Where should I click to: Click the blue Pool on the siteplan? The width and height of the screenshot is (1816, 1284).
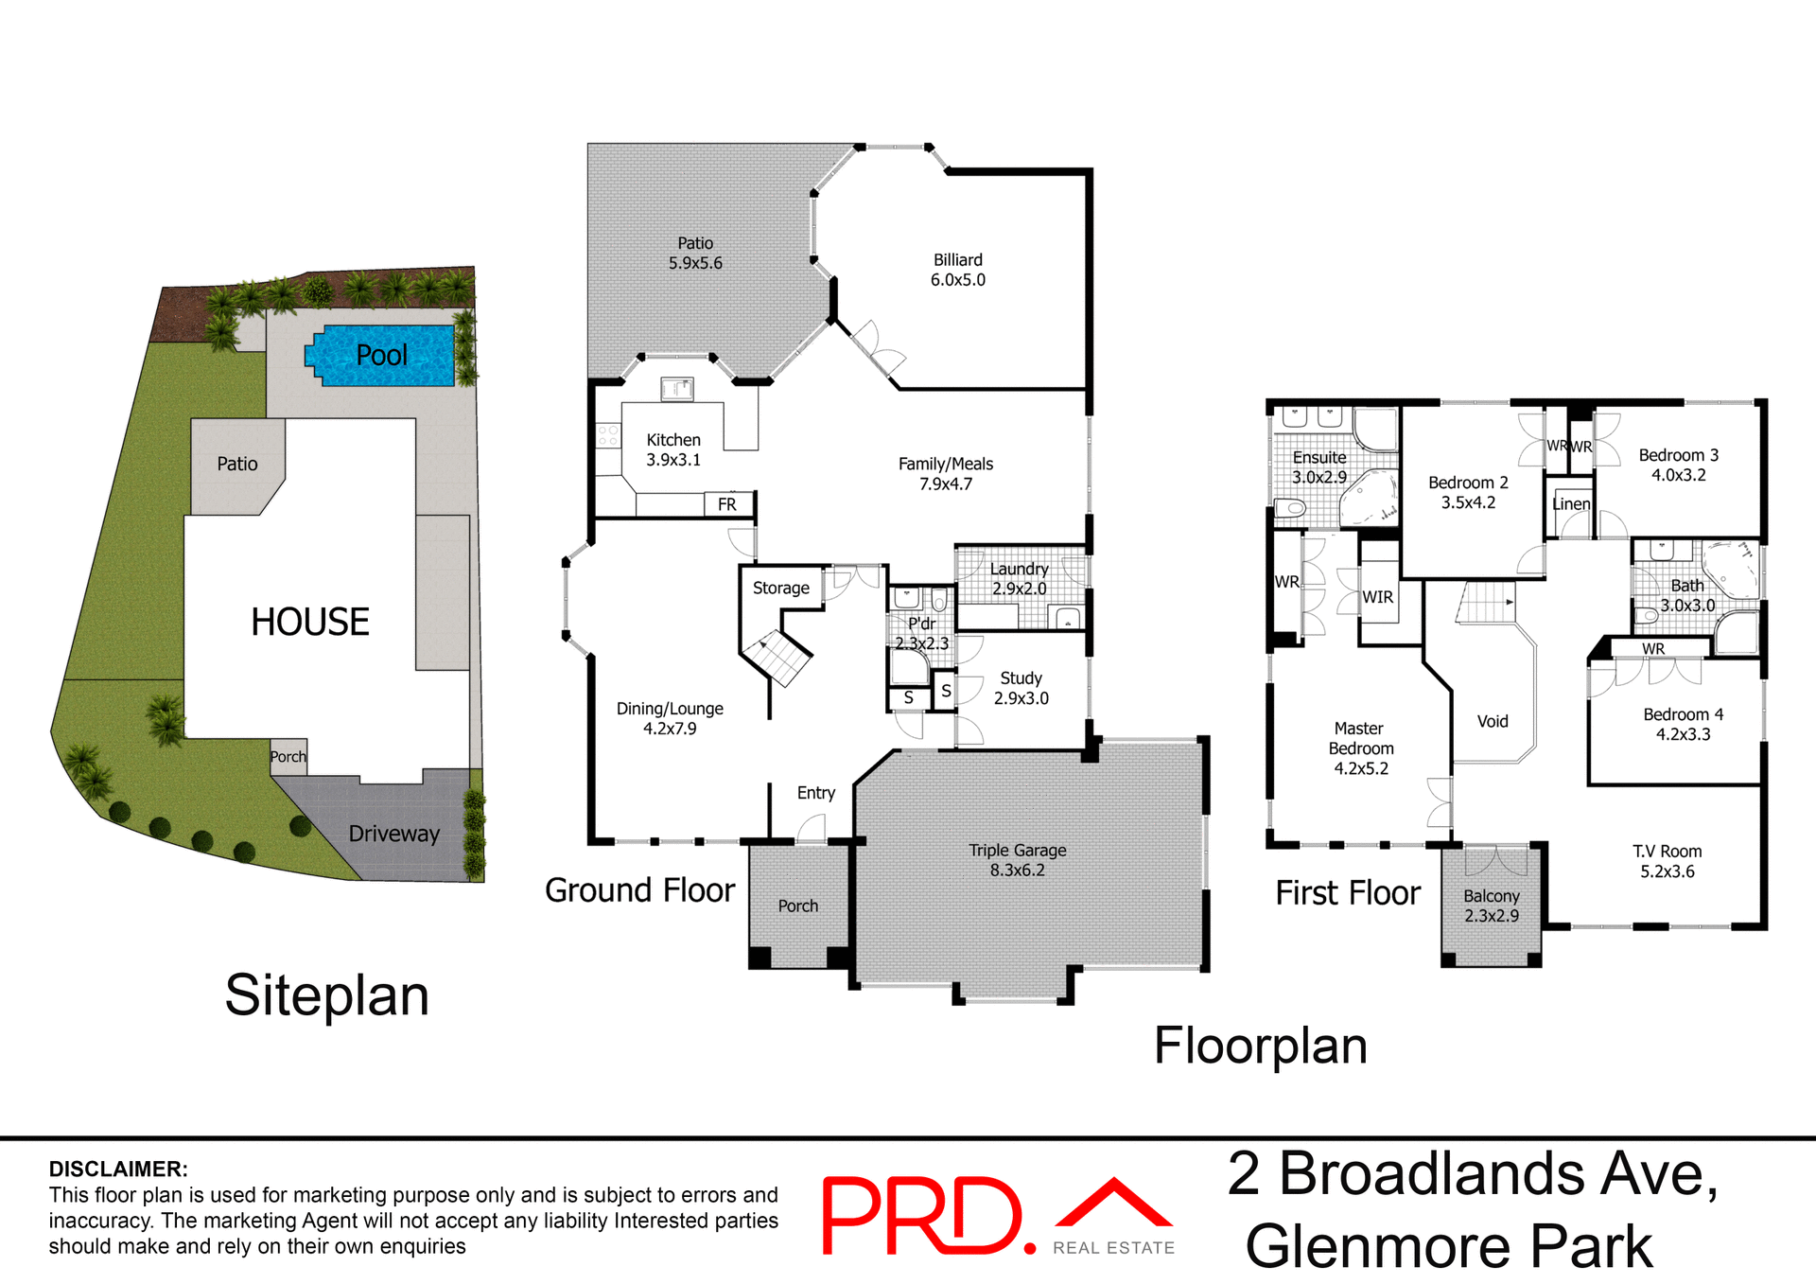click(382, 355)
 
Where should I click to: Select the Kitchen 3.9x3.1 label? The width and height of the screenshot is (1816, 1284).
click(673, 449)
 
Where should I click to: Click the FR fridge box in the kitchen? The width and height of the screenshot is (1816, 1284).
click(726, 504)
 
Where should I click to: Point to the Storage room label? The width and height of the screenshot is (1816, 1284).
click(780, 588)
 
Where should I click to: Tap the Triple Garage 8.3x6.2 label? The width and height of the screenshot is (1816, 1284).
click(1017, 859)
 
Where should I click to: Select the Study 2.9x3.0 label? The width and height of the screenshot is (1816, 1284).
click(1021, 688)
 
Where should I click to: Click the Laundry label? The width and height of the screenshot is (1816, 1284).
click(1019, 569)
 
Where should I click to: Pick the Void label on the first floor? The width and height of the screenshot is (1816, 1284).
click(1493, 721)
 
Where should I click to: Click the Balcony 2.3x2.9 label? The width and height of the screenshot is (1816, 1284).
click(1491, 906)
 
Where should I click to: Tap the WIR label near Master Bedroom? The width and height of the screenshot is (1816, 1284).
click(1377, 597)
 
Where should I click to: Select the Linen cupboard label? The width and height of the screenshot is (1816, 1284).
click(1570, 504)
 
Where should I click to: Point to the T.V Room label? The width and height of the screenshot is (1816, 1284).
click(1667, 852)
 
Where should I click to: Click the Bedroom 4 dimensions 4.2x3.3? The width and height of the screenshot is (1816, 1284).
click(1683, 734)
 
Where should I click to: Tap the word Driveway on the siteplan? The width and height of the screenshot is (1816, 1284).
click(393, 834)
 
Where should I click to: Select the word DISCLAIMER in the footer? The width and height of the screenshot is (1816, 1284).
click(118, 1169)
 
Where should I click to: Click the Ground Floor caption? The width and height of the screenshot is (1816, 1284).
click(639, 890)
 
